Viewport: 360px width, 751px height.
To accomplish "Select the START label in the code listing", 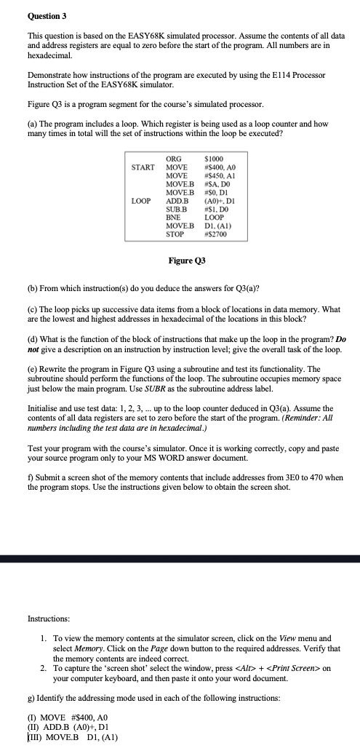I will coord(143,167).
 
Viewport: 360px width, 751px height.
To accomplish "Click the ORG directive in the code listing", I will coord(175,159).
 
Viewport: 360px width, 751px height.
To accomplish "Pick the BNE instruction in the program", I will coord(175,217).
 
